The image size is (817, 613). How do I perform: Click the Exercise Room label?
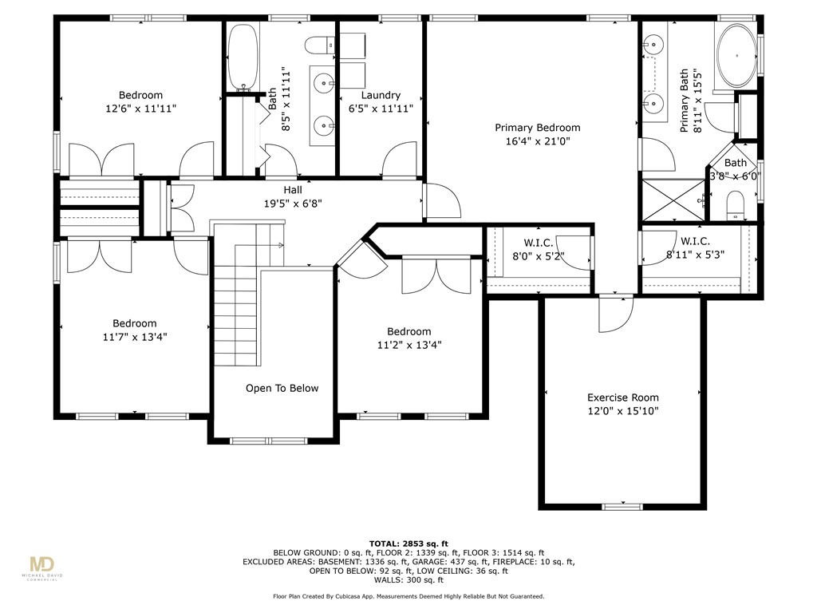pos(622,397)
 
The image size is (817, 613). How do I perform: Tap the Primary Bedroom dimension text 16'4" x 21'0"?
pos(537,141)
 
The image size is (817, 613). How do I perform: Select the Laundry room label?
pos(381,95)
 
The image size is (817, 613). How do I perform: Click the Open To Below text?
pos(282,389)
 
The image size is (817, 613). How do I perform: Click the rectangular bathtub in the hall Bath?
pos(239,57)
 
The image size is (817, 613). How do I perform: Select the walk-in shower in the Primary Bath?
pos(674,200)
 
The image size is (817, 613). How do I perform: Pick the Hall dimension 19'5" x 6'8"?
pos(292,204)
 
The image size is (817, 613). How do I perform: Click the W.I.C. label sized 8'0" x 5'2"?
pos(539,257)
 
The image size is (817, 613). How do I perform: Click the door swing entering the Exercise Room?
pos(615,314)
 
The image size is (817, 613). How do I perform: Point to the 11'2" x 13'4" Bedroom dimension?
pos(408,346)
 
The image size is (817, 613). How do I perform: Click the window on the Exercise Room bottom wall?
pos(622,506)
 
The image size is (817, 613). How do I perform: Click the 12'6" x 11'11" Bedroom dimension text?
pos(141,109)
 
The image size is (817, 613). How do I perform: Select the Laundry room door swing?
pos(399,160)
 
